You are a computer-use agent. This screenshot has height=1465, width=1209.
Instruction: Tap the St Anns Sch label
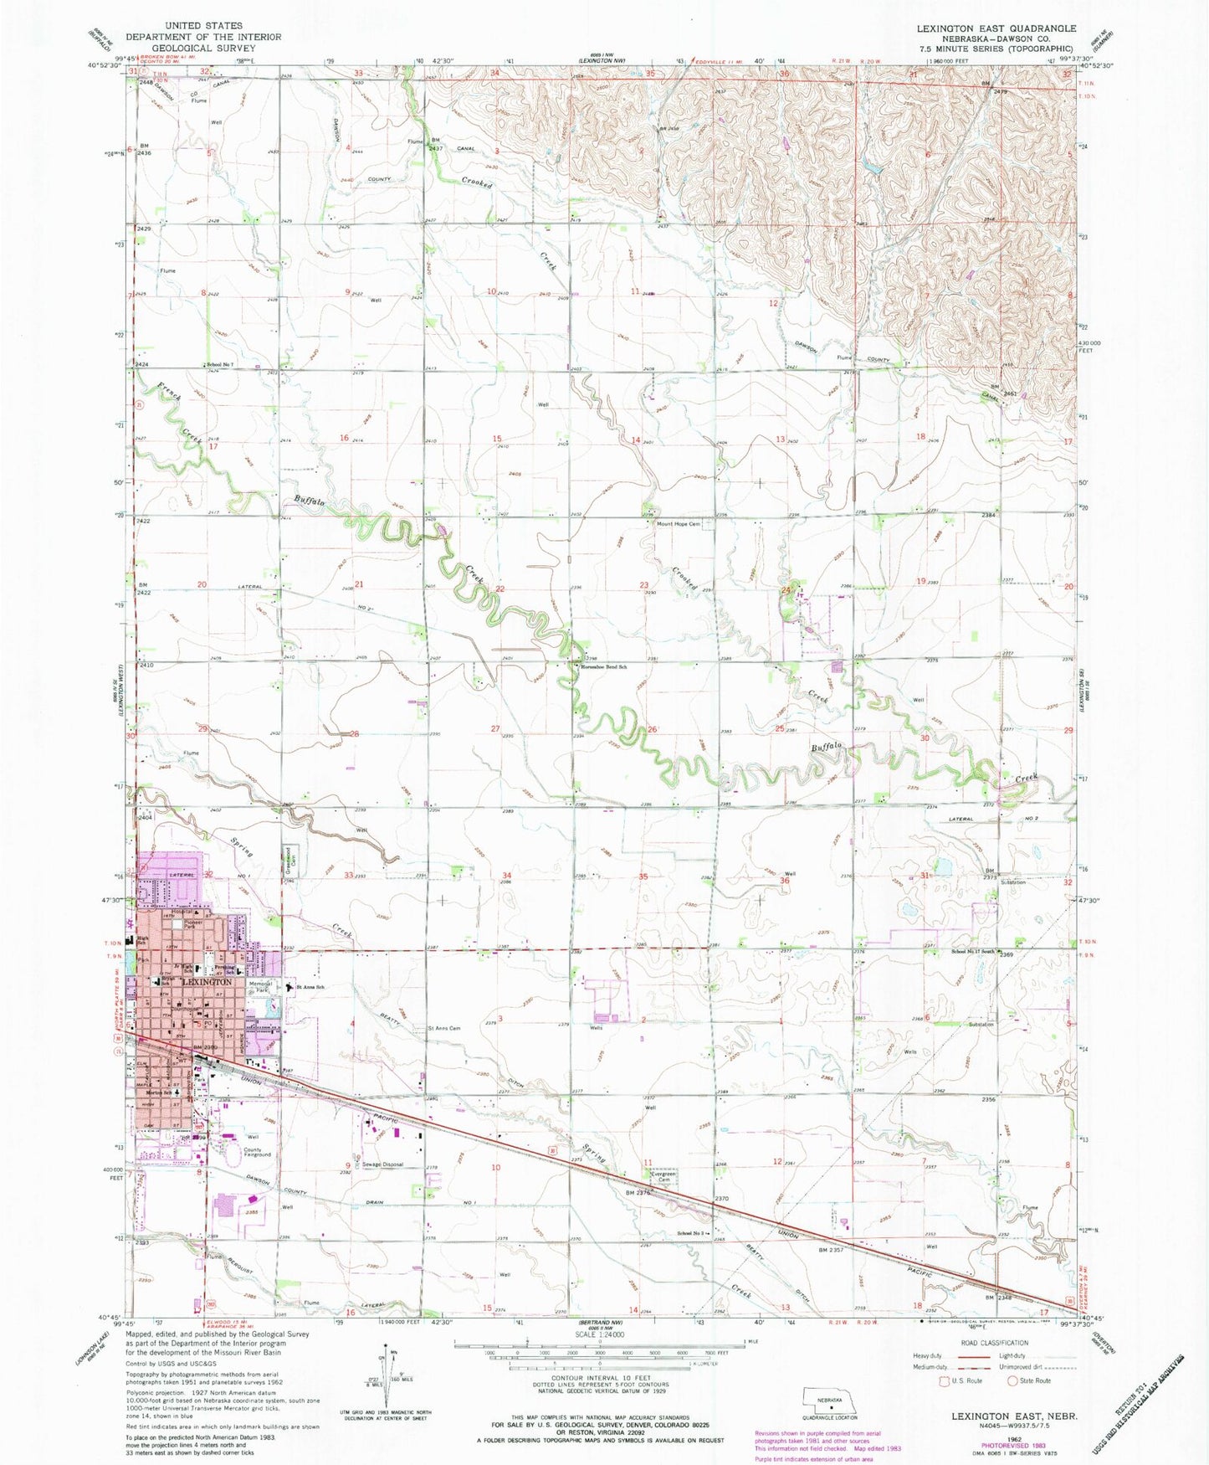click(x=310, y=987)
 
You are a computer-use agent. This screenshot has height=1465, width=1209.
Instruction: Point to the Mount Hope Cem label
click(x=678, y=524)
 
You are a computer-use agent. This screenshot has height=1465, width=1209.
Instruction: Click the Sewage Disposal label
click(x=382, y=1164)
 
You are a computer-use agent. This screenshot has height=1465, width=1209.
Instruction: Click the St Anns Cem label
click(x=444, y=1028)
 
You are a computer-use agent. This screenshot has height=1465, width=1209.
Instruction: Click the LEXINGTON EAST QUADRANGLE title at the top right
click(x=996, y=28)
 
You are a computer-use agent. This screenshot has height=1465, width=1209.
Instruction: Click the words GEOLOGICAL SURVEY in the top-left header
click(x=203, y=48)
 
